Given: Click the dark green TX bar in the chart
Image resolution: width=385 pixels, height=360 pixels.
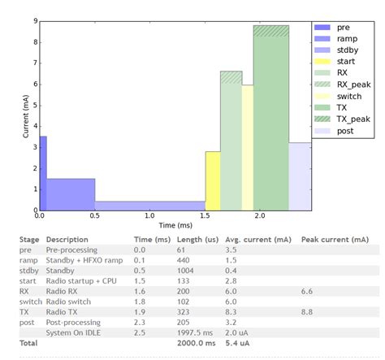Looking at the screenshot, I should pos(270,130).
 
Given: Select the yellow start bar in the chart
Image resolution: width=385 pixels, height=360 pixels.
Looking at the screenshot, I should pos(212,180).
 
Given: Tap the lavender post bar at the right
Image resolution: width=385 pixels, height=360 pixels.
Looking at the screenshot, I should pos(300,176).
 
